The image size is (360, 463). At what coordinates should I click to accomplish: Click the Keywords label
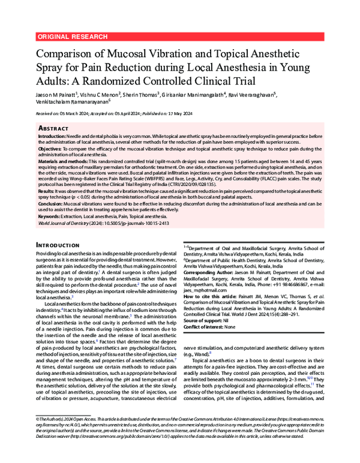coord(50,215)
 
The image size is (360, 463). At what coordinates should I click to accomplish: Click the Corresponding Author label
coord(209,272)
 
